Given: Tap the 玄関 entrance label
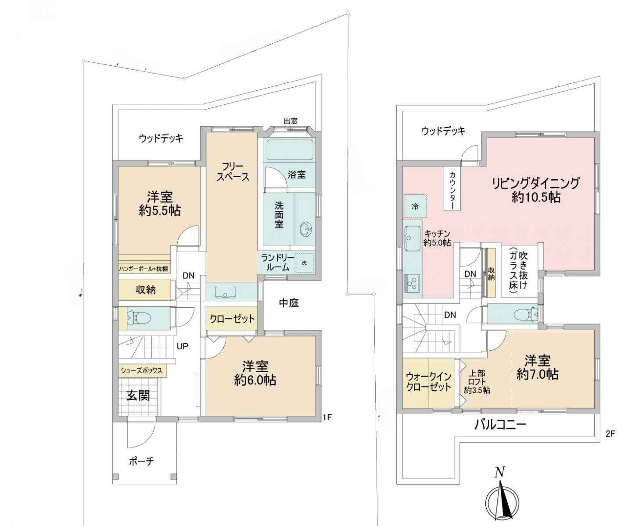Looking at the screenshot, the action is point(138,396).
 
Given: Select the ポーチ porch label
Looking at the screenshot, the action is point(141,461).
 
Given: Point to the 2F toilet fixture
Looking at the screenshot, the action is point(526,314).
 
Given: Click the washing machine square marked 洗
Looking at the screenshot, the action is point(304,263).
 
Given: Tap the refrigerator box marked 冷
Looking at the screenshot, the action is point(415,206).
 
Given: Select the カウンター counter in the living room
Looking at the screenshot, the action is point(452,188).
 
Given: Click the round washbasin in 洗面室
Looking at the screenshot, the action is point(306,229).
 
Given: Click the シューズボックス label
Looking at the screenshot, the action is point(141,370).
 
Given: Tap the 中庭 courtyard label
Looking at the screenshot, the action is point(289,303).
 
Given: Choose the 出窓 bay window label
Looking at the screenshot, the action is point(291,121).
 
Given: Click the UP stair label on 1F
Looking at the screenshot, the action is point(183,346).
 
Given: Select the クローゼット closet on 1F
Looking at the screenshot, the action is point(232,319).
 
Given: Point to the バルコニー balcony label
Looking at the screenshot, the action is point(500,425).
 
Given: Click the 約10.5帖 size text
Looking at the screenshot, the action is point(536,198).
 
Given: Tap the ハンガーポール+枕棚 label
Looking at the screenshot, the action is point(144,269).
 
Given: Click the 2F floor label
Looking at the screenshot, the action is point(610,434).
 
